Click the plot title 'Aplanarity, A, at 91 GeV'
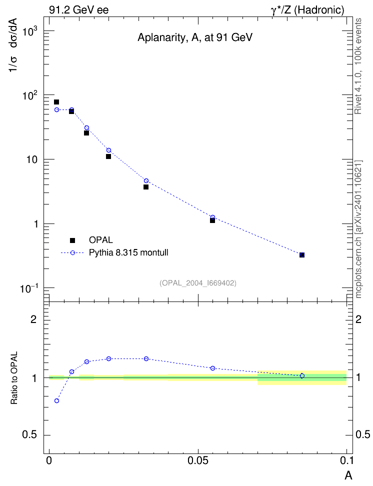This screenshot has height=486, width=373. [x=194, y=37]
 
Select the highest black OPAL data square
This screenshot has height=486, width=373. [x=56, y=102]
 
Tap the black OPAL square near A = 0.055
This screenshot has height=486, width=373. [x=212, y=220]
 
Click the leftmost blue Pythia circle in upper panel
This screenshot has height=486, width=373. [x=56, y=109]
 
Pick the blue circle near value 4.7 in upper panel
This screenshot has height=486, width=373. [x=146, y=180]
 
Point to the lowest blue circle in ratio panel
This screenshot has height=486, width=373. [x=56, y=401]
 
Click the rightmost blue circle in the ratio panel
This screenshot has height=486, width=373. [x=302, y=375]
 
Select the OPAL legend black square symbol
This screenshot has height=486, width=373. [x=72, y=240]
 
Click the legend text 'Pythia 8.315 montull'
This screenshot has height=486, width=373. [x=128, y=252]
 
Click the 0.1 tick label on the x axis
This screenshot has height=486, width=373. [x=346, y=460]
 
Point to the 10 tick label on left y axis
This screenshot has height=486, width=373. [x=32, y=160]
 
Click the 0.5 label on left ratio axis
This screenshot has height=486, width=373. [x=30, y=435]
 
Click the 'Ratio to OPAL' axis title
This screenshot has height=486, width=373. [x=14, y=378]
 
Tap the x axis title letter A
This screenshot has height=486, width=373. [x=348, y=475]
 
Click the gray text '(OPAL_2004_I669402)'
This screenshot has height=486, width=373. [x=198, y=283]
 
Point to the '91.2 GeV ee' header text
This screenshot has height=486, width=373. [x=79, y=10]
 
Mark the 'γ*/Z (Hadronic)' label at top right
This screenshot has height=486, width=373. [x=307, y=10]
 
